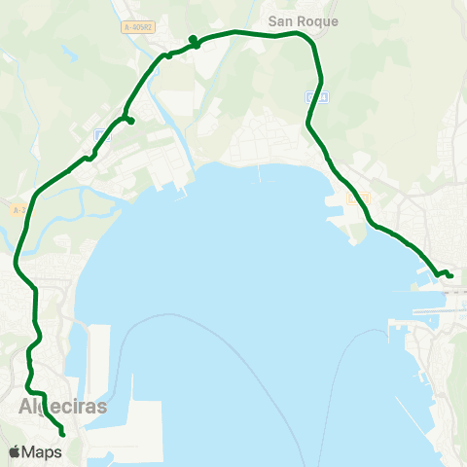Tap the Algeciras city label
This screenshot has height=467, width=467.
pos(61,407)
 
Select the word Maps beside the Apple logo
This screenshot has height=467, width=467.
pos(43,452)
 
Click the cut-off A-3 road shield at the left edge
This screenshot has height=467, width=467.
pos(18,210)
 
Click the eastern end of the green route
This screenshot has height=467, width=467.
pos(451,275)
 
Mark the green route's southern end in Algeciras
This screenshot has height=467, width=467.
pos(62,434)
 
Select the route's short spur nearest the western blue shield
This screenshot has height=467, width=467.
pos(129,122)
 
